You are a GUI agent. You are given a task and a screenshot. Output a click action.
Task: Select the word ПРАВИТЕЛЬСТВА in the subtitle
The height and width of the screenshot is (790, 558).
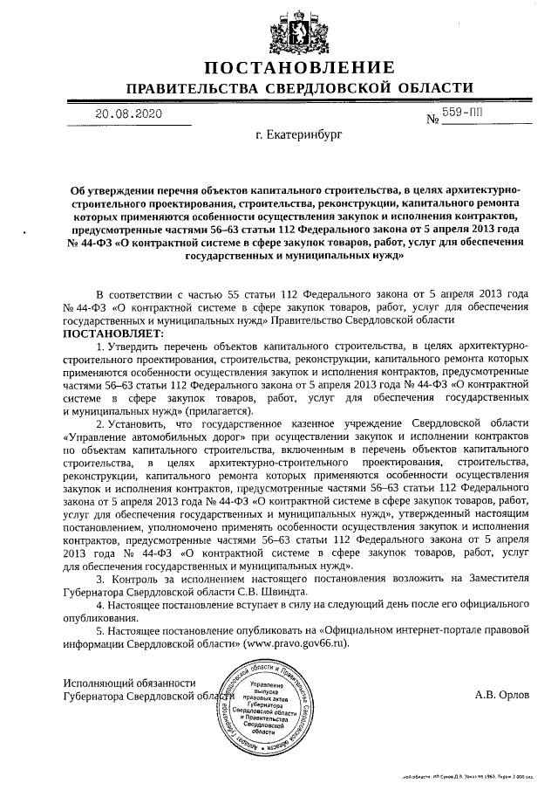pos(192,89)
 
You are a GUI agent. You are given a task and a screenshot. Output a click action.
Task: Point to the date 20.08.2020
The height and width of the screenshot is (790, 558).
pos(129,113)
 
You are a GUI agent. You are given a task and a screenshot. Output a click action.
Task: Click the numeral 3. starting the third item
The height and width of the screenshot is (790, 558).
pos(100,579)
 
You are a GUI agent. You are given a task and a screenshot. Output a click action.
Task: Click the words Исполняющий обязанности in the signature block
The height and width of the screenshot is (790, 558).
pos(130,683)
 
